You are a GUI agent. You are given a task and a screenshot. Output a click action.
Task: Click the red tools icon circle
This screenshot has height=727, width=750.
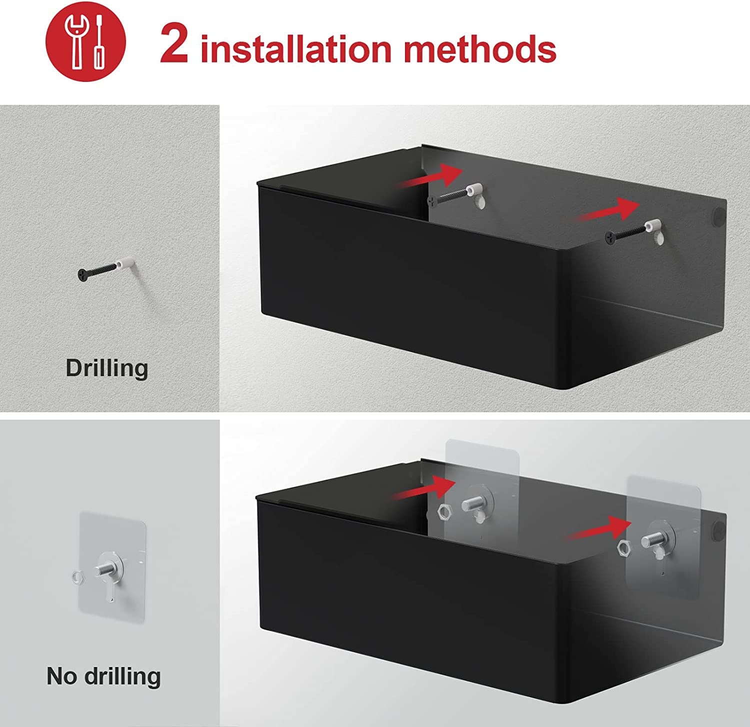[x=86, y=41]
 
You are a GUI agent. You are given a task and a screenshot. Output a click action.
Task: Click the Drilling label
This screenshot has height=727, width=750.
[x=107, y=368]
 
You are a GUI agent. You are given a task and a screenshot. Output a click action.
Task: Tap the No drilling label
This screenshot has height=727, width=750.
[x=103, y=676]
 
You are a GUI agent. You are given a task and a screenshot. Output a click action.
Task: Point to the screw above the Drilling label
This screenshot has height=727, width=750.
[x=106, y=269]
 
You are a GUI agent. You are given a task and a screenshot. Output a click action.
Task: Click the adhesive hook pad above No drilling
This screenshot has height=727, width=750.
[x=112, y=567]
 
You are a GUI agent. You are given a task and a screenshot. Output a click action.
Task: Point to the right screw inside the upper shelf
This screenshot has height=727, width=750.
[x=635, y=232]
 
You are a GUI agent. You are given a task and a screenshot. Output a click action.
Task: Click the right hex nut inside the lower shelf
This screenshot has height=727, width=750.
[x=624, y=547]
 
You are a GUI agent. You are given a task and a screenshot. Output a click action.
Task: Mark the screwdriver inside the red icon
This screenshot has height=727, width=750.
[x=99, y=42]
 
